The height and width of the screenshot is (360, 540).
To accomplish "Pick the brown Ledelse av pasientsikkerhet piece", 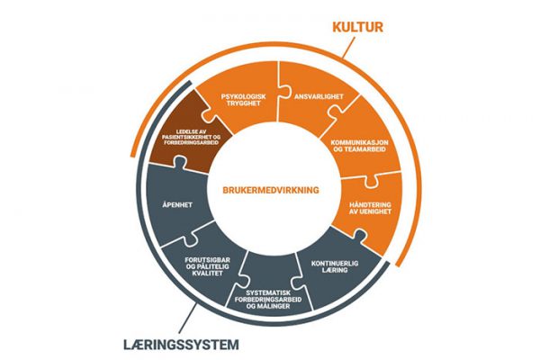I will (x=186, y=138).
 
